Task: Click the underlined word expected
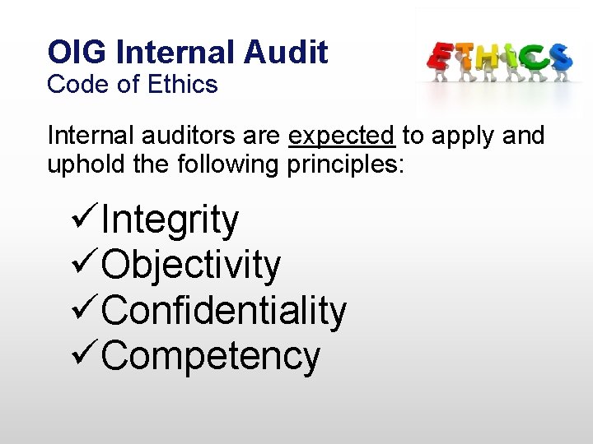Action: coord(342,135)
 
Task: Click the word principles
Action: coord(345,164)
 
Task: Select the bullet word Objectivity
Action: coord(192,265)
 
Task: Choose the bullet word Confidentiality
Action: coord(225,311)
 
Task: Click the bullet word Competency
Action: coord(212,356)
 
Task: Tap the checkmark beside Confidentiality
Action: coord(86,310)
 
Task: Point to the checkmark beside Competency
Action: coord(86,355)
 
